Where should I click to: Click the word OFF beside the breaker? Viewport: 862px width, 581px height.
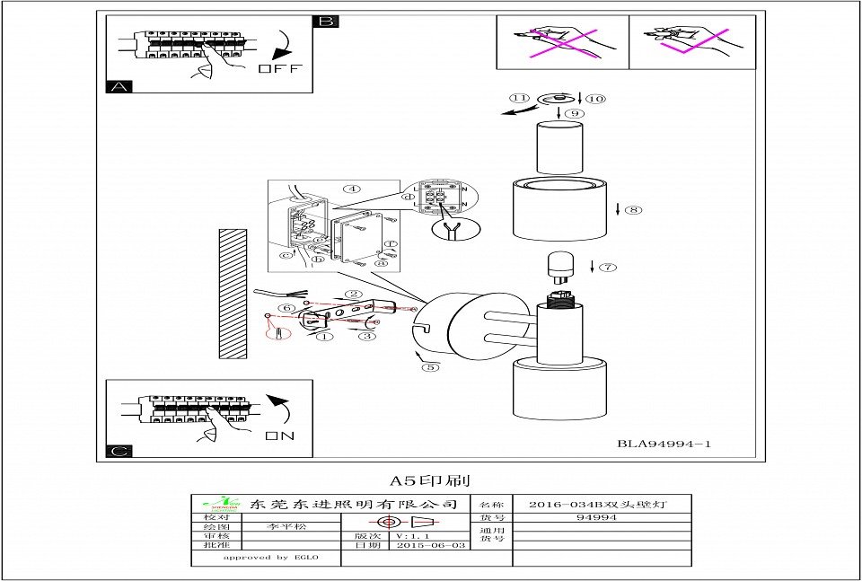[x=280, y=69]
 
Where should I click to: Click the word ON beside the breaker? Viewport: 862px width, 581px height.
[x=279, y=436]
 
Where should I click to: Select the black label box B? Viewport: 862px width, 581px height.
[x=325, y=21]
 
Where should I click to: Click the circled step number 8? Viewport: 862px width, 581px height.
[x=633, y=210]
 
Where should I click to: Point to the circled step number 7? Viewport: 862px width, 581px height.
[x=608, y=267]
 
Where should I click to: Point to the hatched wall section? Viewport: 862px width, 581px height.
[x=233, y=293]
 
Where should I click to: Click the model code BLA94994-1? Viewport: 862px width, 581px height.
[x=664, y=444]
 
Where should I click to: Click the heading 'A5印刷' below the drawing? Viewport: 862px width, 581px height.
[x=430, y=481]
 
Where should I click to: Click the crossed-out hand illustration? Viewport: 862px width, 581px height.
[x=562, y=40]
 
